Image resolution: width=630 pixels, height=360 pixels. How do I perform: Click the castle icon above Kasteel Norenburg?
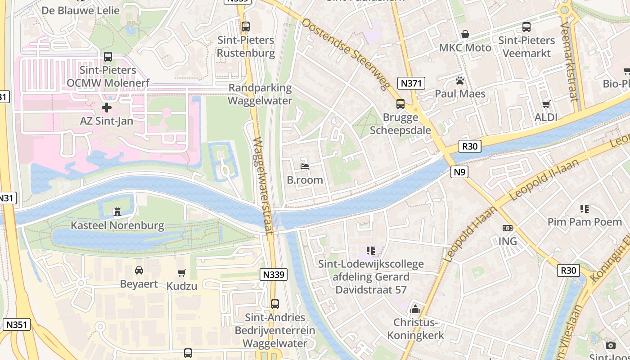[x=117, y=211]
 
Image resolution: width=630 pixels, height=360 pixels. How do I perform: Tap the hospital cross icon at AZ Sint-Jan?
[x=107, y=108]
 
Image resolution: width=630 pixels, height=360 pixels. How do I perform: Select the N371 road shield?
[x=411, y=83]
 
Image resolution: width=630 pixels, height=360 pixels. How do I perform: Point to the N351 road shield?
[x=17, y=324]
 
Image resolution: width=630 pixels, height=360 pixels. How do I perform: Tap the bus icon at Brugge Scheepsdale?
[x=400, y=104]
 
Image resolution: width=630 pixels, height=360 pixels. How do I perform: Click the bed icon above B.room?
[x=305, y=166]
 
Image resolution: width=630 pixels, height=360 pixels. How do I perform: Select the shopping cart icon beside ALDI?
[x=546, y=104]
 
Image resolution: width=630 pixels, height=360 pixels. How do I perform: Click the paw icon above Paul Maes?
[x=460, y=81]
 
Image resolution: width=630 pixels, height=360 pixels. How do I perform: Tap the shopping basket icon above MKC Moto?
[x=465, y=34]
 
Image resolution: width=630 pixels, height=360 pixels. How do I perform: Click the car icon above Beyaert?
[x=139, y=270]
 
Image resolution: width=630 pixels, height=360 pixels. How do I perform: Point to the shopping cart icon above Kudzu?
[x=182, y=273]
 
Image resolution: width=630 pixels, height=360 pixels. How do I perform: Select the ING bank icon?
[x=507, y=228]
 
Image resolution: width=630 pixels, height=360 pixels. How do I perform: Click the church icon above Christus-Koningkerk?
[x=415, y=309]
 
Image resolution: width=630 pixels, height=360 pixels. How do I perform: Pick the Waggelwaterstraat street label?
[x=263, y=185]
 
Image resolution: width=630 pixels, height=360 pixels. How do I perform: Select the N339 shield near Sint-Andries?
[x=274, y=274]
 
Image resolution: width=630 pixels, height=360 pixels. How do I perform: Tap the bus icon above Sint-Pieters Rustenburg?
[x=245, y=27]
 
